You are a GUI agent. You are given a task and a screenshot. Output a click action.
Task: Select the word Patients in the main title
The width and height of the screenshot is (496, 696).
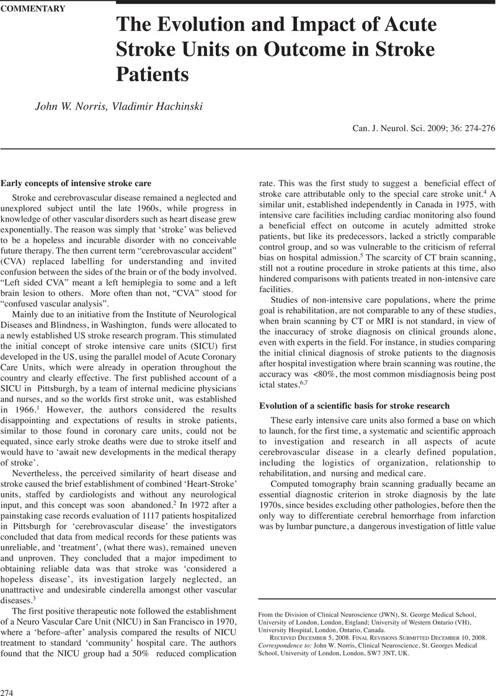[x=153, y=74]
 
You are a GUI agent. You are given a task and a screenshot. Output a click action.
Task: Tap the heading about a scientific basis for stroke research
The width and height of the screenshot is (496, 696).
[x=354, y=406]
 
